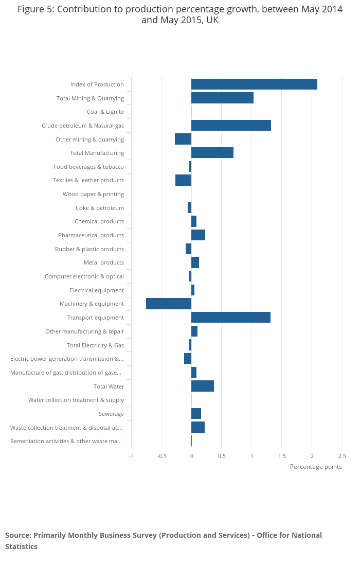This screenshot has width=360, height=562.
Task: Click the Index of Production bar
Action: [254, 84]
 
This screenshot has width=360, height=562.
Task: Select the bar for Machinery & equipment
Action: [169, 304]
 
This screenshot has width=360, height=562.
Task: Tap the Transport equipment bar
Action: [231, 318]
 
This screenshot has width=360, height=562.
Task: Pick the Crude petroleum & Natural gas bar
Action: [231, 126]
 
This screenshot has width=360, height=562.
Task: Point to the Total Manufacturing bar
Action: [212, 153]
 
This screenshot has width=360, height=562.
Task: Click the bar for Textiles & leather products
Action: [183, 180]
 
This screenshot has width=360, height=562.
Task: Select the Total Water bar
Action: [203, 386]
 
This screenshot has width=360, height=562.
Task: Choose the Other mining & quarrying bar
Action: [183, 139]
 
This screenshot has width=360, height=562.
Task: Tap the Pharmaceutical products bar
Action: [198, 235]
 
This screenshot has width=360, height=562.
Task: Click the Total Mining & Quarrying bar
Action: [222, 98]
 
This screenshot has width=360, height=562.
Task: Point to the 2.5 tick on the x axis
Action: [342, 456]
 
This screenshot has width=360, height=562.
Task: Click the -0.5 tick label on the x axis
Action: [161, 456]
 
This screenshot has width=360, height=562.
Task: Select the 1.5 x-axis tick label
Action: [282, 456]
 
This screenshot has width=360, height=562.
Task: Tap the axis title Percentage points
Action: [316, 467]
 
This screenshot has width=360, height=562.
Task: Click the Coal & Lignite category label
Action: [105, 112]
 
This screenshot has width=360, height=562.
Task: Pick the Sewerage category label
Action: [111, 414]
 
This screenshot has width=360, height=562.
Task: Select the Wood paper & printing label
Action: [93, 194]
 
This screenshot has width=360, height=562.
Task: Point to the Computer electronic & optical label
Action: [84, 276]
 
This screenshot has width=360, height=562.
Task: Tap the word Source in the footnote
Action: [17, 535]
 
